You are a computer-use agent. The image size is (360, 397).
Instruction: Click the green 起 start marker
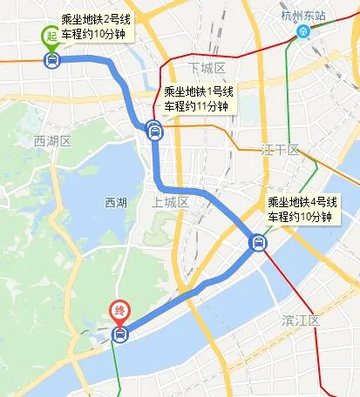coord(51,36)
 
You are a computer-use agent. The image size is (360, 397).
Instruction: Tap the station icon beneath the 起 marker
coord(51,60)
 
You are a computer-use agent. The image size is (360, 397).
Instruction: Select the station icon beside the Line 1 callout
coord(154,132)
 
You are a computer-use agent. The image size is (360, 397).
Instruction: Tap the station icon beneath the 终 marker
coord(119,334)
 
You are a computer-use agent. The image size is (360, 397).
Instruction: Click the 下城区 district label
coord(207,68)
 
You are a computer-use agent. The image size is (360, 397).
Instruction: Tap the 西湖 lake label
coord(115,203)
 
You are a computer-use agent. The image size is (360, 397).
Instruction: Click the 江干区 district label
coord(280,150)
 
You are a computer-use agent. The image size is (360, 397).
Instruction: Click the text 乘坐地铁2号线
coord(95,17)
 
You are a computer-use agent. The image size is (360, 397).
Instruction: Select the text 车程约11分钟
coord(196,106)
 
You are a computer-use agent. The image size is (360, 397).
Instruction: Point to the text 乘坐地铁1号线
coord(199,91)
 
